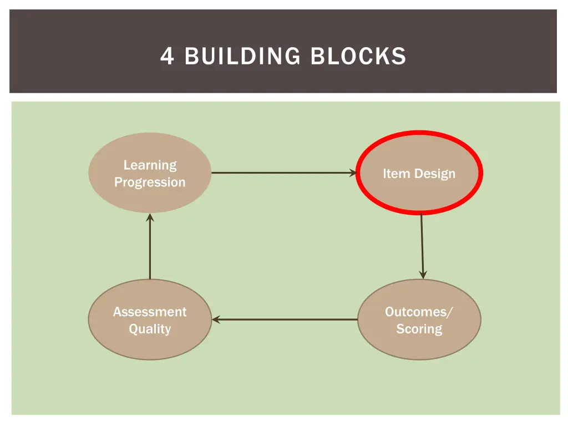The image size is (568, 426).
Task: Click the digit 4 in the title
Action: (167, 56)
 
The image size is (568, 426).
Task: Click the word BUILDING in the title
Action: (243, 56)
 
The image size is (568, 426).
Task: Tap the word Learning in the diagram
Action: (150, 165)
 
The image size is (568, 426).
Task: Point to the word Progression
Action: (150, 182)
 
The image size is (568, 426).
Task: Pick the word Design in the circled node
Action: (434, 174)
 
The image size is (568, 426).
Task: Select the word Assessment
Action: (150, 312)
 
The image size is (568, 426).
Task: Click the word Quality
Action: (150, 329)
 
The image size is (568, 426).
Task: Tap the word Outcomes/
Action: (419, 312)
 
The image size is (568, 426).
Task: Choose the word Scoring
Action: (419, 329)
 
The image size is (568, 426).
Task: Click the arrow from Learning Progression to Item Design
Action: (283, 173)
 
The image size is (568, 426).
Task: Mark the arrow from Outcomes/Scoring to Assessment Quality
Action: (285, 319)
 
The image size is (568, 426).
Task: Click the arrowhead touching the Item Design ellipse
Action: (353, 173)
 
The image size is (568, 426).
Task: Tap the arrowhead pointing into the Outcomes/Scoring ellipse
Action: (423, 275)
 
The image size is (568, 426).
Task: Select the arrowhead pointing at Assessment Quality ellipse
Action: (216, 319)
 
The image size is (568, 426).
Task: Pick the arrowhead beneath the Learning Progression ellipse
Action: (150, 217)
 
